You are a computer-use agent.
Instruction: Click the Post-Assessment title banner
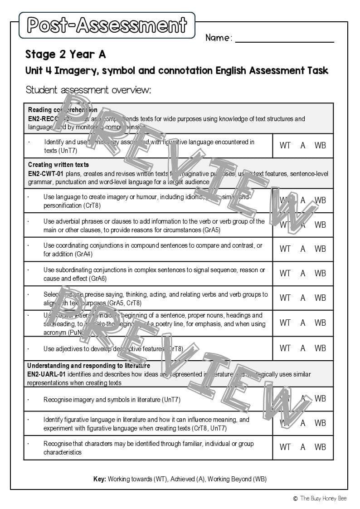click(x=107, y=25)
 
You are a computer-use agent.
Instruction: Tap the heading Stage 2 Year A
click(x=66, y=54)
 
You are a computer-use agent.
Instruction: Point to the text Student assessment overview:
click(x=88, y=90)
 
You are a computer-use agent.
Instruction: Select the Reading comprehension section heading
click(x=63, y=110)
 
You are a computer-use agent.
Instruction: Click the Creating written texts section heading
click(x=58, y=165)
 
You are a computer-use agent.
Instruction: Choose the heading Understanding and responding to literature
click(x=88, y=366)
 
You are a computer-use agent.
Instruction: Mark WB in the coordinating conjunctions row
click(x=320, y=249)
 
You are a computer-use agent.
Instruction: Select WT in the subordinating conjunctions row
click(x=285, y=274)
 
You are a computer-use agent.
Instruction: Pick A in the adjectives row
click(x=303, y=348)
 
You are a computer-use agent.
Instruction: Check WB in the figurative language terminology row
click(x=320, y=146)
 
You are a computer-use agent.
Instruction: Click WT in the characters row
click(x=285, y=447)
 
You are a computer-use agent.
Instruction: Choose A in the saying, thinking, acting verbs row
click(x=303, y=298)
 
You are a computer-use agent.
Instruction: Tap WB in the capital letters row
click(x=320, y=323)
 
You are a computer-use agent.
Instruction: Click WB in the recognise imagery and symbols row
click(x=320, y=399)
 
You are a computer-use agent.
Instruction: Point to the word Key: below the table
click(x=99, y=479)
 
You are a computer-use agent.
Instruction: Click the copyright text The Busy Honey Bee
click(x=323, y=499)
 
